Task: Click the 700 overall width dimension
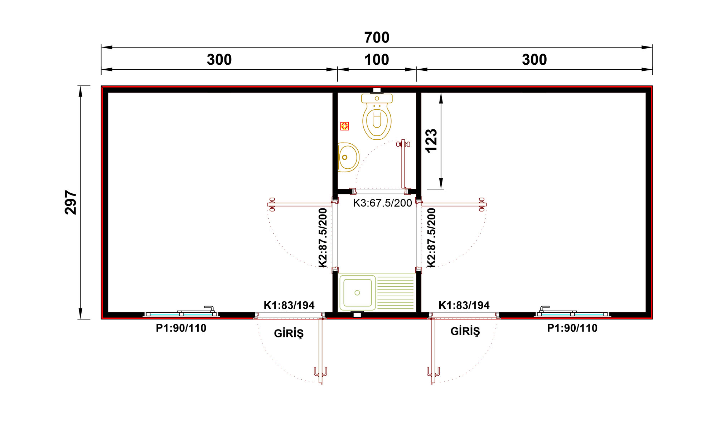click(377, 38)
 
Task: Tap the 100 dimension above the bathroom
click(377, 60)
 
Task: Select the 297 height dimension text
click(71, 202)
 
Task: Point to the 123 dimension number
click(431, 141)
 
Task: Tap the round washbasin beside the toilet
click(348, 157)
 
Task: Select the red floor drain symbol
click(344, 126)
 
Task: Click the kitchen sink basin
click(357, 293)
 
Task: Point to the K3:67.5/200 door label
click(382, 203)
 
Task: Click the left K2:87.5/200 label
click(323, 238)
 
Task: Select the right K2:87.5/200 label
click(432, 238)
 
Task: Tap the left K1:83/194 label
click(289, 305)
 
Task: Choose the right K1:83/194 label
click(464, 305)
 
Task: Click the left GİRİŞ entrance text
click(289, 333)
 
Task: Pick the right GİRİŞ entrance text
click(465, 331)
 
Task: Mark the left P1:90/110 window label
click(181, 328)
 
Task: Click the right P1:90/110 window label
click(572, 328)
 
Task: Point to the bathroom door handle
click(403, 144)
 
